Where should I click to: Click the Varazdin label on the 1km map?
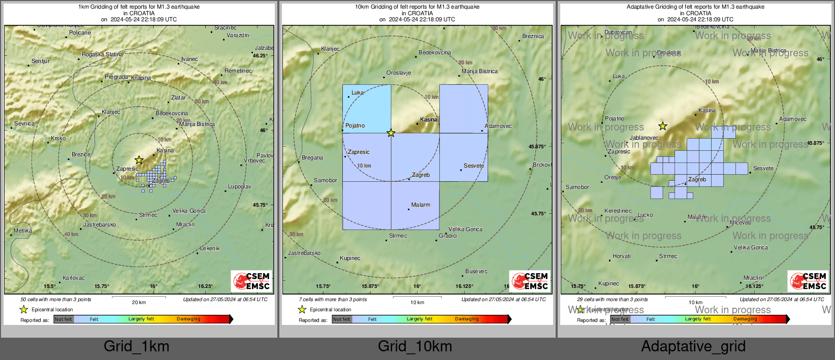(238, 35)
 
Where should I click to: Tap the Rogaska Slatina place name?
(102, 54)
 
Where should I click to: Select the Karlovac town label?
(74, 278)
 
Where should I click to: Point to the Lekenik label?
(210, 248)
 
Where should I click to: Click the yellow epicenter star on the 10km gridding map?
(391, 133)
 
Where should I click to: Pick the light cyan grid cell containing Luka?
(367, 109)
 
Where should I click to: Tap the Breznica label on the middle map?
(533, 36)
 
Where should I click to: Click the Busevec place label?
(476, 271)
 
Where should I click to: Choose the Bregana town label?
(312, 157)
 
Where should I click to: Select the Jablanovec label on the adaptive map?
(644, 138)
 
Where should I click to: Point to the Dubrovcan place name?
(618, 32)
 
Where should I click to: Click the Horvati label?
(622, 256)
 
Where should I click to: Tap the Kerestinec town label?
(618, 211)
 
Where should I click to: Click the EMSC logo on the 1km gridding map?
(251, 281)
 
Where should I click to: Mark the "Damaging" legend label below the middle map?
(467, 319)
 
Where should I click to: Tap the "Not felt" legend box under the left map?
(63, 319)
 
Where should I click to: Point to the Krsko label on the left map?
(58, 138)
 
